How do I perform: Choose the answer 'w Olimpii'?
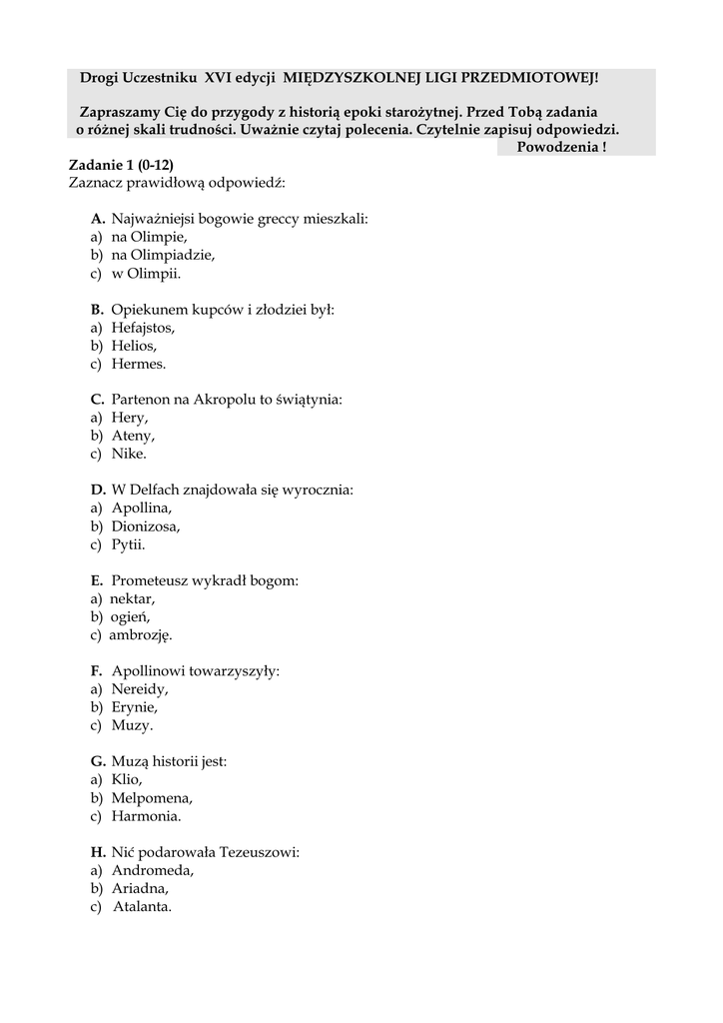pos(146,273)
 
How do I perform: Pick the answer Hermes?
pos(139,364)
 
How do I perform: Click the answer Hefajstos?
pos(143,328)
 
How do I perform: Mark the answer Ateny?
pos(134,436)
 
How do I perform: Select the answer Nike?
pos(129,454)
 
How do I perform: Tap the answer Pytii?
pos(129,544)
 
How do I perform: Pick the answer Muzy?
pos(132,725)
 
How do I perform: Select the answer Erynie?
pos(135,707)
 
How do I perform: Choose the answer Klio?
pos(127,779)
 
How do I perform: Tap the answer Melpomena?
pos(152,797)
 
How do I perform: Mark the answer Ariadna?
pos(140,888)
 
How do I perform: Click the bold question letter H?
pos(97,852)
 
